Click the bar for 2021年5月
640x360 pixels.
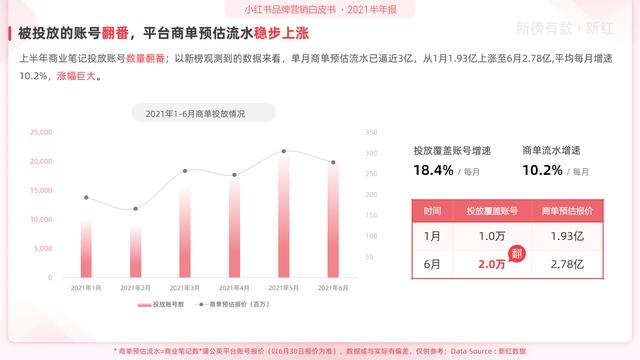[x=284, y=215]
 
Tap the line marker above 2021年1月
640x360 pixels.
[x=86, y=197]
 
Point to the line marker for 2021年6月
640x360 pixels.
[x=333, y=162]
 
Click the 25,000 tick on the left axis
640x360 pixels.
[x=41, y=132]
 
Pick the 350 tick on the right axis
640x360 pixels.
[x=371, y=132]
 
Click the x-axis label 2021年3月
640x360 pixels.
[x=185, y=287]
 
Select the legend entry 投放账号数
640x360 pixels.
[x=162, y=303]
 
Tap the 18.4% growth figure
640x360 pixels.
[x=434, y=170]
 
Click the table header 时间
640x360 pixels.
[x=432, y=212]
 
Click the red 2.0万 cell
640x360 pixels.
[x=491, y=264]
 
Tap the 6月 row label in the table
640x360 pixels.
[x=432, y=263]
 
